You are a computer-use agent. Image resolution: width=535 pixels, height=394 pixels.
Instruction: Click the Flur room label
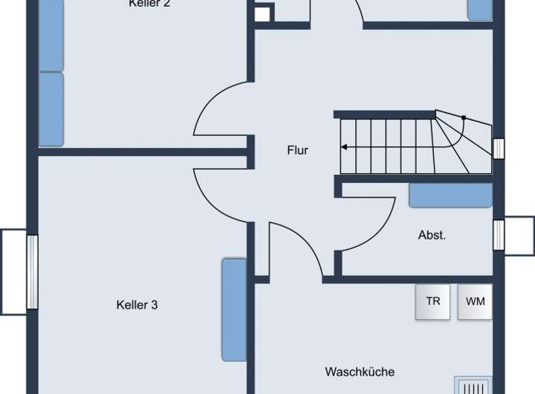click(297, 150)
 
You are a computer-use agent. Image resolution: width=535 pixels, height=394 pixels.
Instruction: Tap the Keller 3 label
click(137, 305)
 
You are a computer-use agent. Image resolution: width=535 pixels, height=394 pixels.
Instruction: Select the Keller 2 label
click(150, 4)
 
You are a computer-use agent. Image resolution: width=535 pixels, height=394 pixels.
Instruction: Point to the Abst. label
click(432, 235)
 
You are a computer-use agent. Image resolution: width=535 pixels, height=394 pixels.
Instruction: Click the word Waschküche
click(360, 372)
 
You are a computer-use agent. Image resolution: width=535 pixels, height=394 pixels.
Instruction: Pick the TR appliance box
click(432, 302)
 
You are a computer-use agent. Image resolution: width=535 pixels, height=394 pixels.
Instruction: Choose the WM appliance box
click(475, 302)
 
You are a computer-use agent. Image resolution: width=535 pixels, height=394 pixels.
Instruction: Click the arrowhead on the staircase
click(345, 147)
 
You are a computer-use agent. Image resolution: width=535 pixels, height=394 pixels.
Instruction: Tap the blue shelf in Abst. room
click(450, 195)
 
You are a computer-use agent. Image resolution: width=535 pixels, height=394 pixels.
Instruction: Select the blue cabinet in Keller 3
click(234, 309)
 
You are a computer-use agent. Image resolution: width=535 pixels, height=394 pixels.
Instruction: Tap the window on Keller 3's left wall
click(32, 271)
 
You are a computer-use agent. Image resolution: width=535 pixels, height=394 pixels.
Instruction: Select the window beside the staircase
click(499, 149)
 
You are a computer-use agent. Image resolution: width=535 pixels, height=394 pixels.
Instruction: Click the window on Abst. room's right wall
click(499, 235)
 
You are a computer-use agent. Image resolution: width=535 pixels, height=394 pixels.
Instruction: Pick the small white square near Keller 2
click(262, 14)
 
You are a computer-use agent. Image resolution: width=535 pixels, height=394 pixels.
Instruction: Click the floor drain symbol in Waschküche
click(473, 387)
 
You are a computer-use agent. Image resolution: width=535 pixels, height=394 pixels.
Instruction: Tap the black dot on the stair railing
click(463, 117)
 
